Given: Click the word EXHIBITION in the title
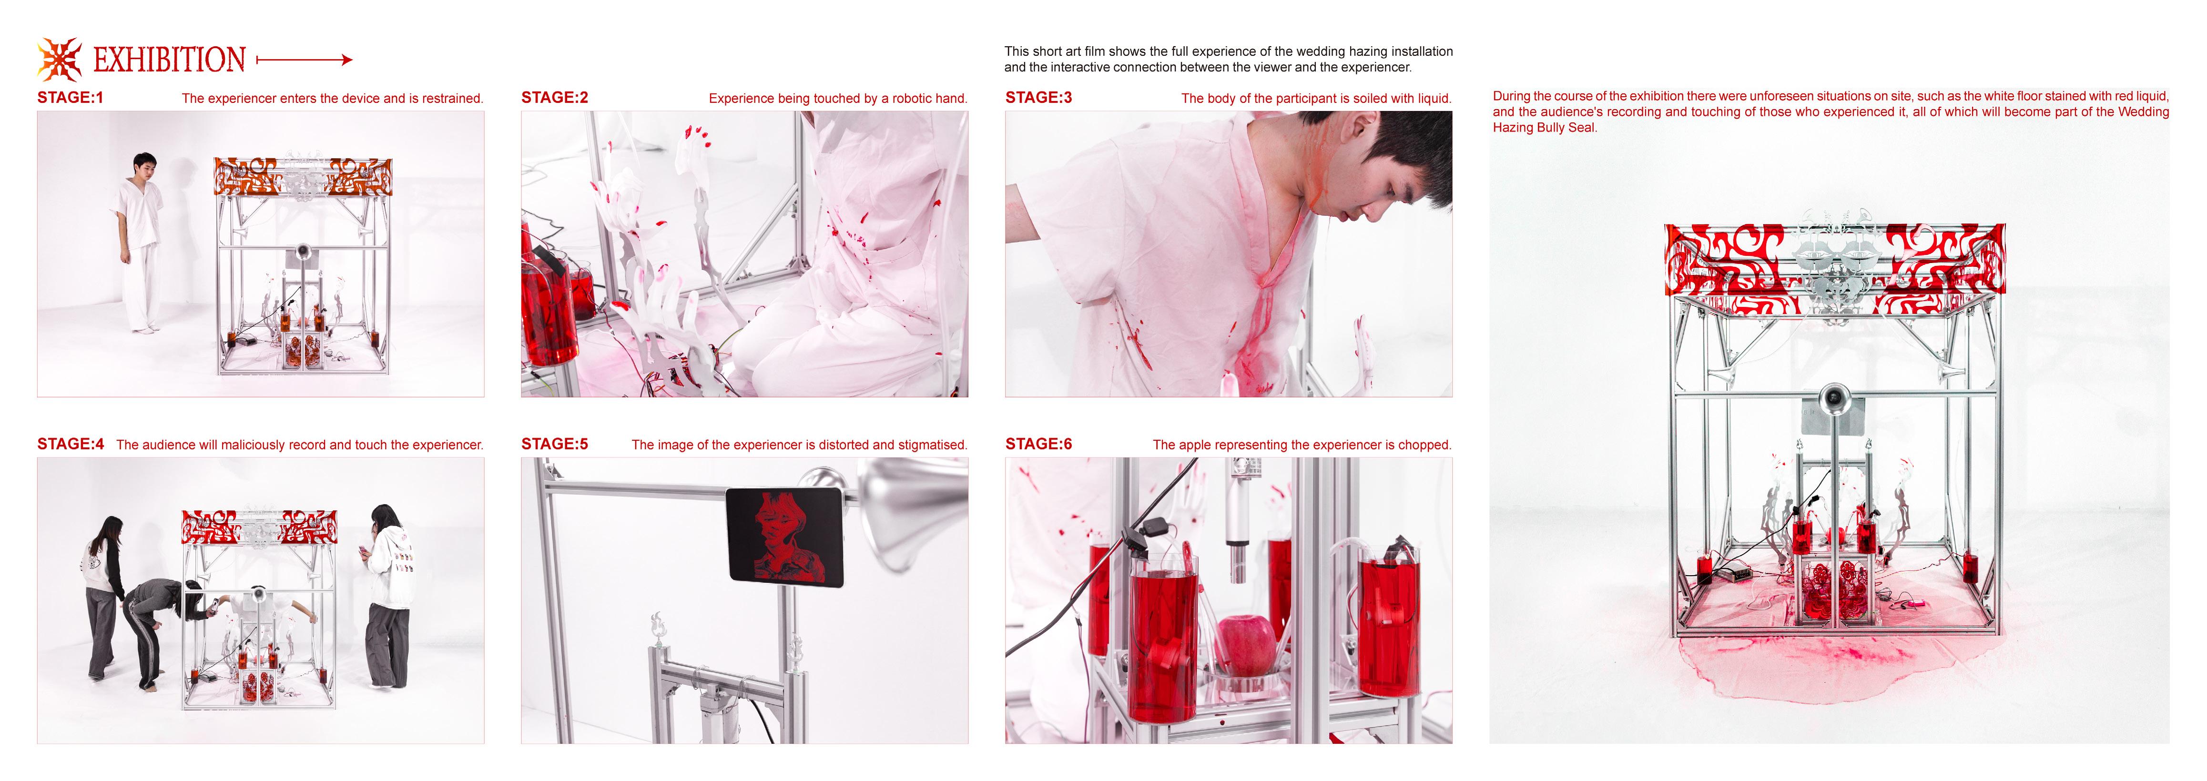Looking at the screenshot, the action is [170, 60].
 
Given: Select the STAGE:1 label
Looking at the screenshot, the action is [70, 98].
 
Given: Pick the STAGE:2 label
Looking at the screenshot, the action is [554, 98].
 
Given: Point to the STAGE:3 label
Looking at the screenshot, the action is [1038, 98].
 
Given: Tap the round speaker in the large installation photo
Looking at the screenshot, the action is [1832, 397].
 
